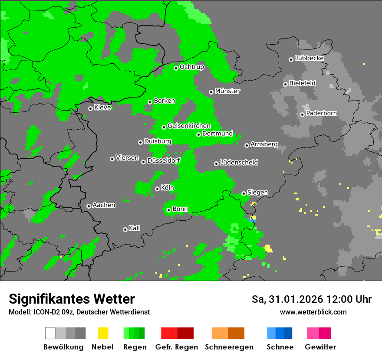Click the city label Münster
pyautogui.click(x=227, y=91)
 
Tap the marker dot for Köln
pyautogui.click(x=157, y=189)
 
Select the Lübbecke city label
pyautogui.click(x=309, y=58)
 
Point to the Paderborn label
pyautogui.click(x=321, y=113)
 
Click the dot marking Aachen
pyautogui.click(x=89, y=206)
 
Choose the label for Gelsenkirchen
pyautogui.click(x=189, y=126)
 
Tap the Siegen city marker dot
pyautogui.click(x=244, y=193)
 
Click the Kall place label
pyautogui.click(x=134, y=228)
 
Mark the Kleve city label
pyautogui.click(x=102, y=108)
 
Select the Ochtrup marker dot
pyautogui.click(x=176, y=68)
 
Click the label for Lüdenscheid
pyautogui.click(x=239, y=162)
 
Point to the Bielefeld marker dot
pyautogui.click(x=285, y=84)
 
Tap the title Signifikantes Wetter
pyautogui.click(x=72, y=299)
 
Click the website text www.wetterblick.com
pyautogui.click(x=313, y=312)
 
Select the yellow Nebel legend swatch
pyautogui.click(x=103, y=333)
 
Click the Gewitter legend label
pyautogui.click(x=320, y=347)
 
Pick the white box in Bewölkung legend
pyautogui.click(x=50, y=333)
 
